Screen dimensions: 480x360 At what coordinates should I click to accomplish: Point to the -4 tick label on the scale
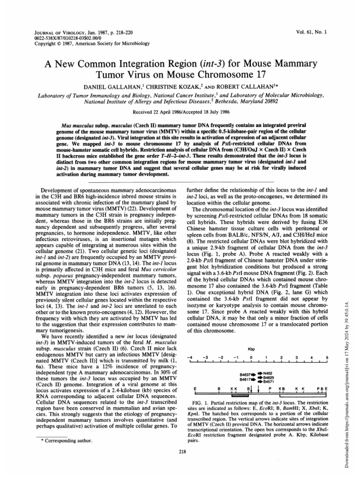[189, 358]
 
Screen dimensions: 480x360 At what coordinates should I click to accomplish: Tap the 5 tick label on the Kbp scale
[326, 358]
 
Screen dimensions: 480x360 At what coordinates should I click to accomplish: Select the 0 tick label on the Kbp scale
[251, 358]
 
